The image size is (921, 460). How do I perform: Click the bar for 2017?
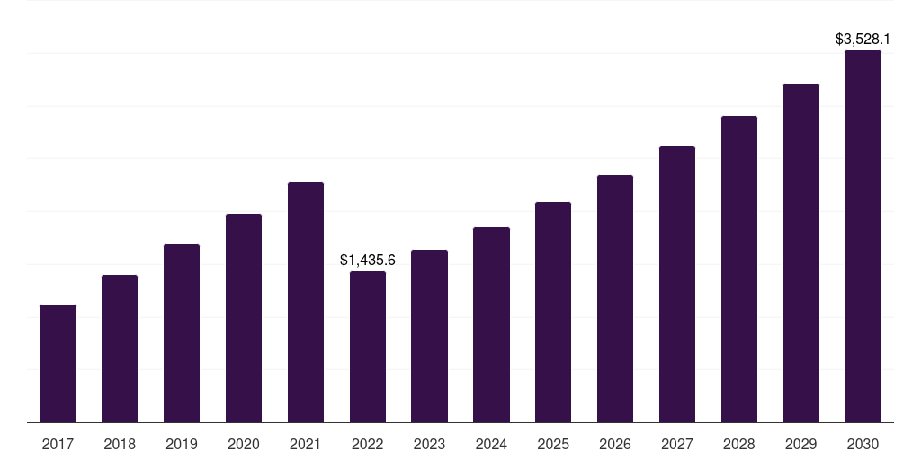click(x=58, y=363)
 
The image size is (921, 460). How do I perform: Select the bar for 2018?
click(x=120, y=349)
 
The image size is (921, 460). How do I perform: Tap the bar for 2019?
click(x=182, y=333)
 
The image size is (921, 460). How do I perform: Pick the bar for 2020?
click(x=244, y=318)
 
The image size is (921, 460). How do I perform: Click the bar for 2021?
click(x=306, y=302)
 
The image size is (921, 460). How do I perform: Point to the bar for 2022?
click(x=368, y=347)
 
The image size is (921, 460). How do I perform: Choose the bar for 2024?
click(x=491, y=324)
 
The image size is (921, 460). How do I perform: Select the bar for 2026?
click(x=615, y=298)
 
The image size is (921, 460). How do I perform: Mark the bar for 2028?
click(x=739, y=269)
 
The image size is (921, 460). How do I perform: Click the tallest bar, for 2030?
click(x=863, y=236)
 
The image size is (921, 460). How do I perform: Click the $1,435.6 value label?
click(x=368, y=261)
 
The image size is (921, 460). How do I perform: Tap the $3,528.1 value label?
click(x=863, y=40)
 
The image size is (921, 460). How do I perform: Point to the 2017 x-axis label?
click(x=58, y=444)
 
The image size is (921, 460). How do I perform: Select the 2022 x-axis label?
click(x=368, y=444)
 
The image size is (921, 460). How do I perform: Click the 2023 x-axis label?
click(x=429, y=444)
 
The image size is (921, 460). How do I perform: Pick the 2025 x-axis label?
click(x=553, y=444)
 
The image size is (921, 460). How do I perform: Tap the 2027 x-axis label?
click(x=677, y=444)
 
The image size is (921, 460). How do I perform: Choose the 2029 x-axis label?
click(x=800, y=444)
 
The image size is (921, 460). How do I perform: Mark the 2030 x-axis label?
click(x=863, y=444)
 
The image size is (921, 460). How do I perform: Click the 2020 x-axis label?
click(x=244, y=444)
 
